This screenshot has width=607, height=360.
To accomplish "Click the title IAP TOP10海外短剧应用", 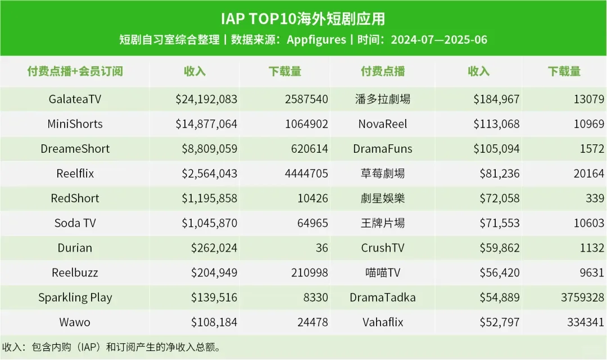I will tap(303, 19).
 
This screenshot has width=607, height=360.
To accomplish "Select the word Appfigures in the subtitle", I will tap(316, 40).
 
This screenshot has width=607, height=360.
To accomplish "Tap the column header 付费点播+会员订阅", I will tap(75, 71).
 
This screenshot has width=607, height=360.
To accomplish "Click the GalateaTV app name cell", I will tap(75, 99).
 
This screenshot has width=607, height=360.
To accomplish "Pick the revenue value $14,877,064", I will tap(206, 124).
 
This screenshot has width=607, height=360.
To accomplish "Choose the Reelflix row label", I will tap(75, 174).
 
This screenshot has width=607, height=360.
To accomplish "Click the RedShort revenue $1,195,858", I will tap(209, 198).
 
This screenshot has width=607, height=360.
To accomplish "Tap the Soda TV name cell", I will tap(75, 223).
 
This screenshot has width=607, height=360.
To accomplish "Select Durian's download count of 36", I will tap(321, 248).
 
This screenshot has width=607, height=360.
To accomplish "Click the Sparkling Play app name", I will tap(75, 297).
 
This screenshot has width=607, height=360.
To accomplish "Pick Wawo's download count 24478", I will tap(312, 322).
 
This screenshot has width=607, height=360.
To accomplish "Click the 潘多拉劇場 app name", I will tap(383, 99).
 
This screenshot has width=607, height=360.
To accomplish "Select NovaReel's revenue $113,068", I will tap(496, 124).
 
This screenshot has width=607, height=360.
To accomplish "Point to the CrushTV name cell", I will tap(383, 248).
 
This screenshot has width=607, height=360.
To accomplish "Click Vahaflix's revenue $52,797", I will tap(499, 322).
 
